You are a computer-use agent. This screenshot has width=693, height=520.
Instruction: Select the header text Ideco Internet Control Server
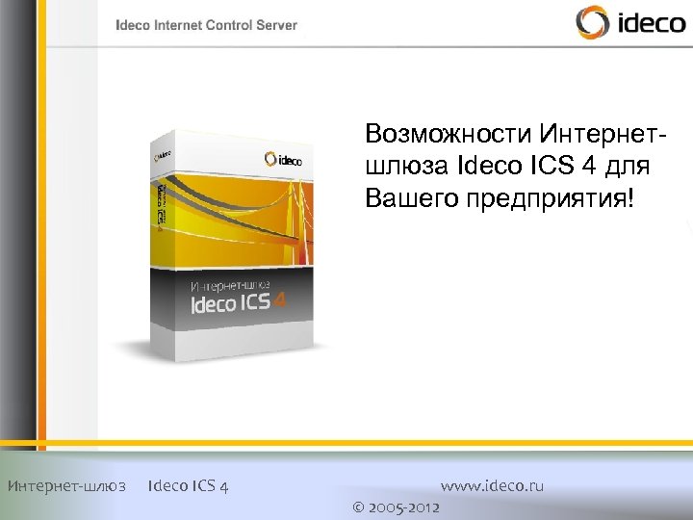(x=207, y=26)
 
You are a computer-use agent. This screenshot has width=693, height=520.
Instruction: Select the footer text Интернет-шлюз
(x=66, y=485)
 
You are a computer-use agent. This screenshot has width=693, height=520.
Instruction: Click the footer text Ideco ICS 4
(x=189, y=485)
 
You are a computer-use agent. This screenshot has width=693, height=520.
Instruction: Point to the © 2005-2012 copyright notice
(x=397, y=507)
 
